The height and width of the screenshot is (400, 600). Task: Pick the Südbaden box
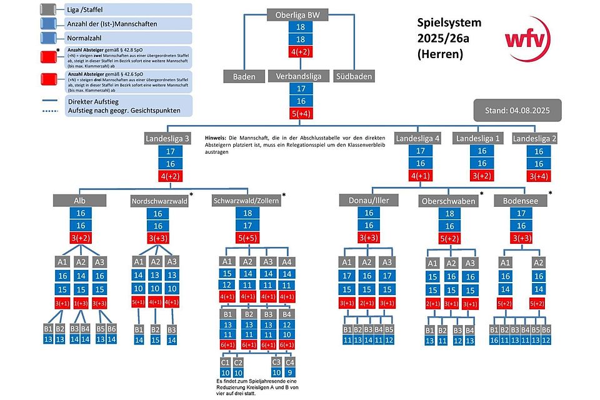click(x=354, y=76)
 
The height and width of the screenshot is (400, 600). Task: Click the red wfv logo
click(x=527, y=38)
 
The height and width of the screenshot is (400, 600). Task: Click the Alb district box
click(x=81, y=200)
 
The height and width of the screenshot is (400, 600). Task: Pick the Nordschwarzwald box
click(x=159, y=201)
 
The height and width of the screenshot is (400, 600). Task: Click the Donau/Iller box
click(x=369, y=200)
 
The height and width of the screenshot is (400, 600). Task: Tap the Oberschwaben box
click(x=447, y=201)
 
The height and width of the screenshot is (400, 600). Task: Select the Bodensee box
click(x=521, y=201)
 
